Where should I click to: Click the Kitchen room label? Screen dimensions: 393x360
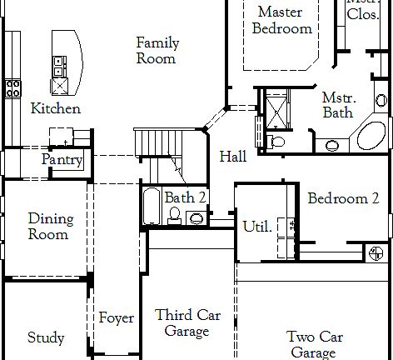pos(56,108)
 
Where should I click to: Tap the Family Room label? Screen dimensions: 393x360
pos(157,51)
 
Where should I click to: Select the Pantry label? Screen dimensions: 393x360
pos(62,160)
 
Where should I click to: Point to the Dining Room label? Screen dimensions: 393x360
pos(51,227)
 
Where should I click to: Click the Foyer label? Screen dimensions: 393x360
pos(117,317)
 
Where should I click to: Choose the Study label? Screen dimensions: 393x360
pos(46,337)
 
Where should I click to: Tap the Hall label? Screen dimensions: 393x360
pos(233,157)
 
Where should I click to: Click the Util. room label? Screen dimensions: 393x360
pos(257,227)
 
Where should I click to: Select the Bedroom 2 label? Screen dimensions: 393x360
pos(343,198)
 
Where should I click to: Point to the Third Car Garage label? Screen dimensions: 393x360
pos(187,323)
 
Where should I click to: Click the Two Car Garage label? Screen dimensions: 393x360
pos(314,345)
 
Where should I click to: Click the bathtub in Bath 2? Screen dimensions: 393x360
pos(152,206)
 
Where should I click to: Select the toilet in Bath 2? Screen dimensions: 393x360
pos(175,216)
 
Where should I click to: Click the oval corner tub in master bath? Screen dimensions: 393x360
pos(371,135)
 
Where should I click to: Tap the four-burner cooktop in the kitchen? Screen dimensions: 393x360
pos(13,88)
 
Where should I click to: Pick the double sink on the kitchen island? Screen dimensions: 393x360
pos(60,67)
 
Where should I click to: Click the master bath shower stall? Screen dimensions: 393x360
pos(276,112)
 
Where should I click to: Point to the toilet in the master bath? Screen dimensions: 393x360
pos(276,142)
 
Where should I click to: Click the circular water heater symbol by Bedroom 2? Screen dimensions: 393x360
pos(376,253)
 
